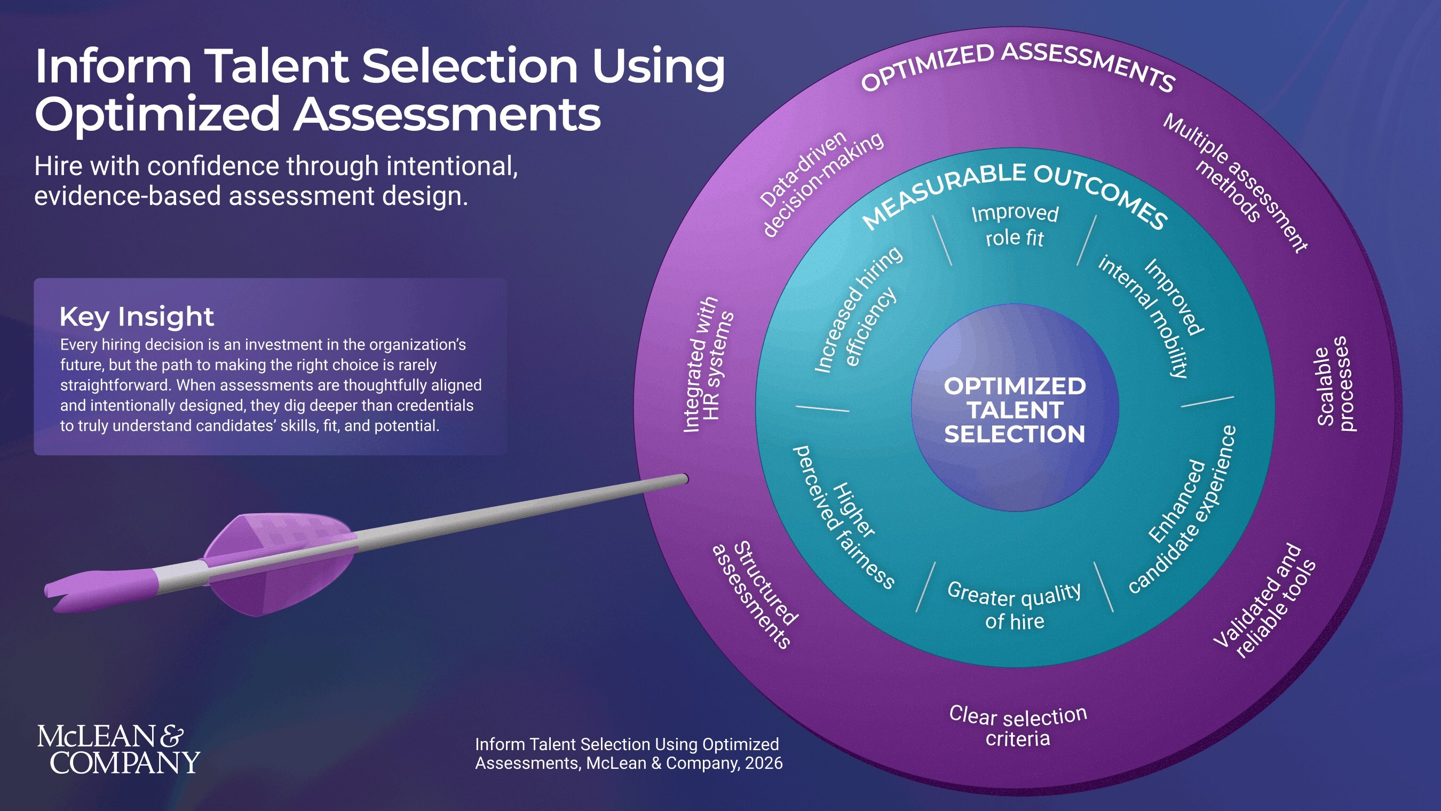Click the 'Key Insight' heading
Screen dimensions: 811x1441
pyautogui.click(x=137, y=317)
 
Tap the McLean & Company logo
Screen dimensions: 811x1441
pyautogui.click(x=118, y=750)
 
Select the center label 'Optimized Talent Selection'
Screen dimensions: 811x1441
pyautogui.click(x=1015, y=410)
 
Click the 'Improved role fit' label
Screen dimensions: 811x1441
pyautogui.click(x=1015, y=225)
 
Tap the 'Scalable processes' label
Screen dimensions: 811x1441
pyautogui.click(x=1335, y=385)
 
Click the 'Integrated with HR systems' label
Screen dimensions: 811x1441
pyautogui.click(x=708, y=365)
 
